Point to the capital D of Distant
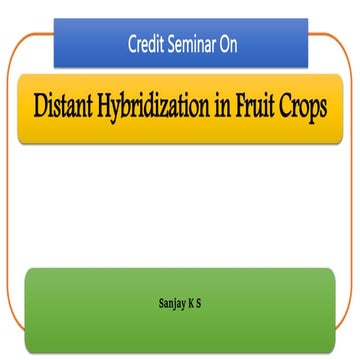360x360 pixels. pyautogui.click(x=42, y=106)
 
